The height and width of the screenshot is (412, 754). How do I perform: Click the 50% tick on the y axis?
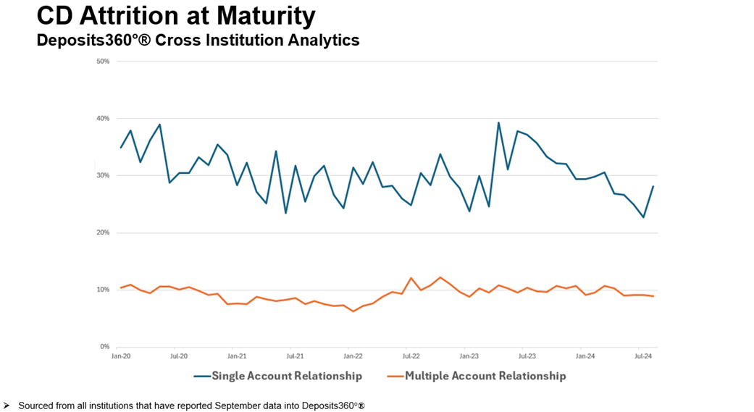coord(103,62)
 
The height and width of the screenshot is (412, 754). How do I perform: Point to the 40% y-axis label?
coord(103,119)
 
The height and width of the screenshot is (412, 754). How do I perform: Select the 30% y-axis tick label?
coord(103,176)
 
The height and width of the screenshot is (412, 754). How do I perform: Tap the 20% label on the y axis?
coord(103,233)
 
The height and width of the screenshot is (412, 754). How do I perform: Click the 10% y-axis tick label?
coord(103,290)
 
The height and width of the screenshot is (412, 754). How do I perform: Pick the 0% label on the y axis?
coord(104,347)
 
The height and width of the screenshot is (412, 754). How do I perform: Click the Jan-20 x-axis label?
coord(120,356)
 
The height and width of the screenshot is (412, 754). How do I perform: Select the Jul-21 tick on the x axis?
coord(295,356)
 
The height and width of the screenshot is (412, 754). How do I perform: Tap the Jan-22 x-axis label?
coord(353,356)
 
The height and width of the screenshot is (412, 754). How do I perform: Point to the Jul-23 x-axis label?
coord(527,356)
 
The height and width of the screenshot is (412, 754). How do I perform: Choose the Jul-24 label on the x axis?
coord(643,356)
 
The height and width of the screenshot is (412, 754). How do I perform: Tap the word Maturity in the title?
coord(268,15)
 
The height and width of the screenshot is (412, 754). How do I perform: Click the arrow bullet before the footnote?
coord(7,405)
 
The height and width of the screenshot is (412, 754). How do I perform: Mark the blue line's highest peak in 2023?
coord(498,122)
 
